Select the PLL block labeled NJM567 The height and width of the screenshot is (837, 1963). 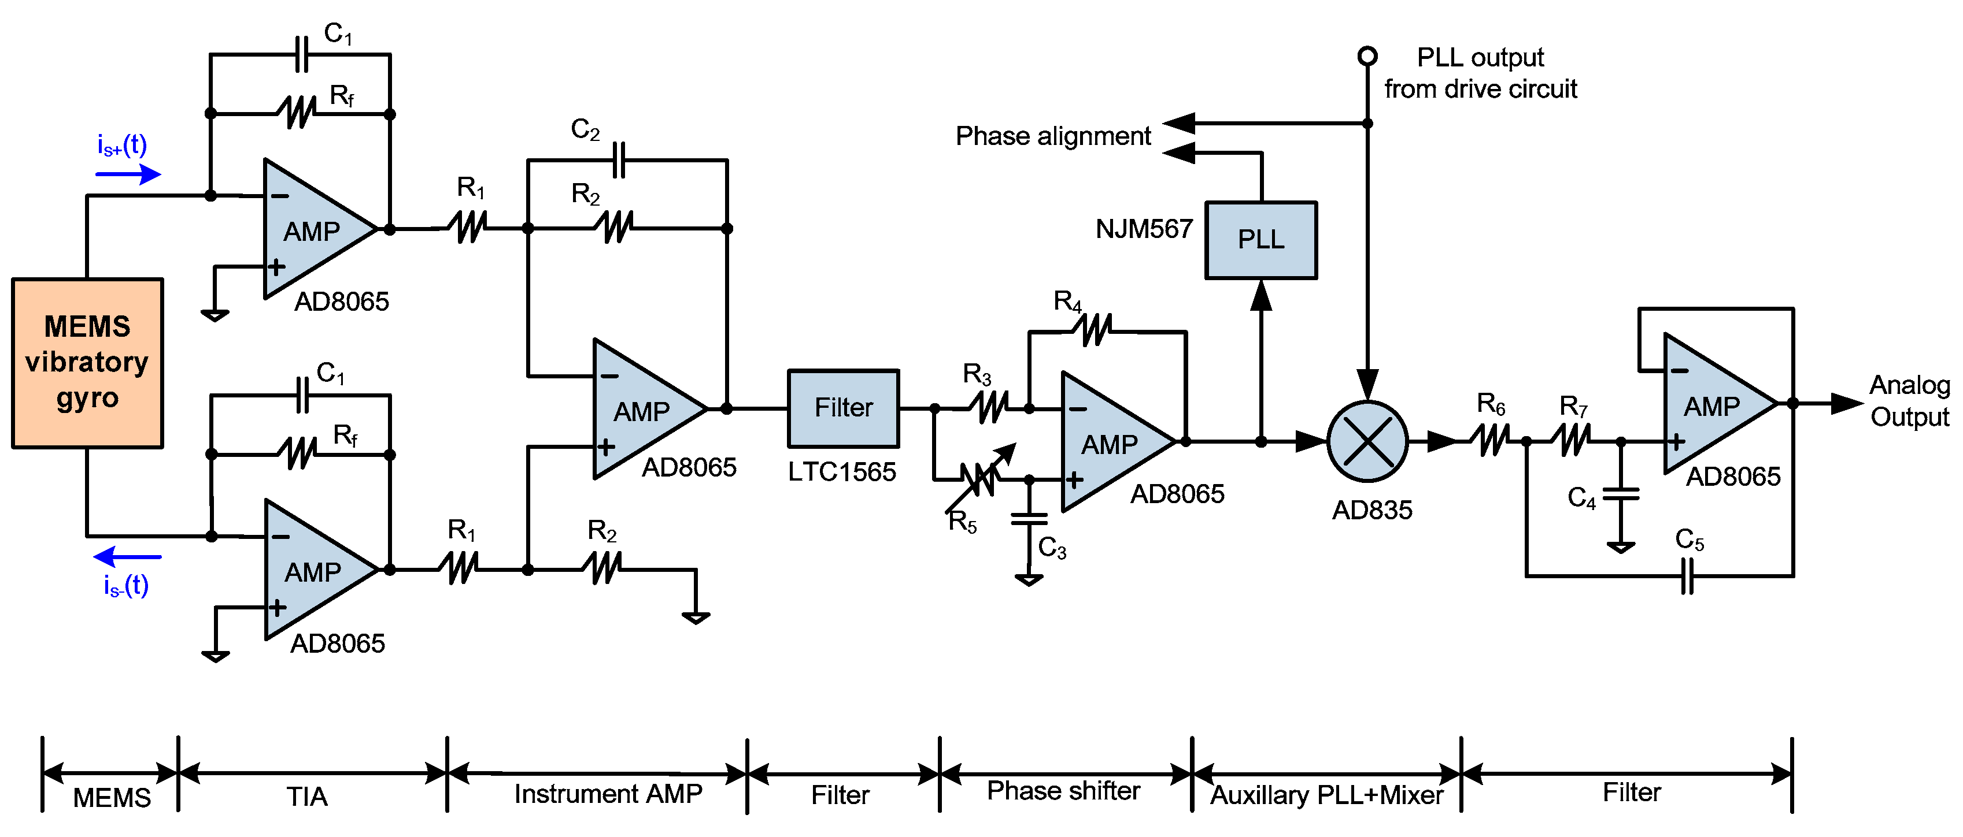tap(1260, 240)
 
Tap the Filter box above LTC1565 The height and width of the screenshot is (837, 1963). tap(843, 408)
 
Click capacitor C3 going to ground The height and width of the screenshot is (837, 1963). tap(1029, 519)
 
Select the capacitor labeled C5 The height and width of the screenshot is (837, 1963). tap(1687, 576)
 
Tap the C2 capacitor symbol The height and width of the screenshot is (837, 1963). tap(619, 160)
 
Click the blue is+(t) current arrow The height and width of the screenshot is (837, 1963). tap(128, 174)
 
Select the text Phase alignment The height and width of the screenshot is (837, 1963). tap(1052, 136)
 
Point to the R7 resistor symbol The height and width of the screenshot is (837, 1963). tap(1574, 440)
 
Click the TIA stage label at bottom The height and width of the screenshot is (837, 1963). tap(307, 797)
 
